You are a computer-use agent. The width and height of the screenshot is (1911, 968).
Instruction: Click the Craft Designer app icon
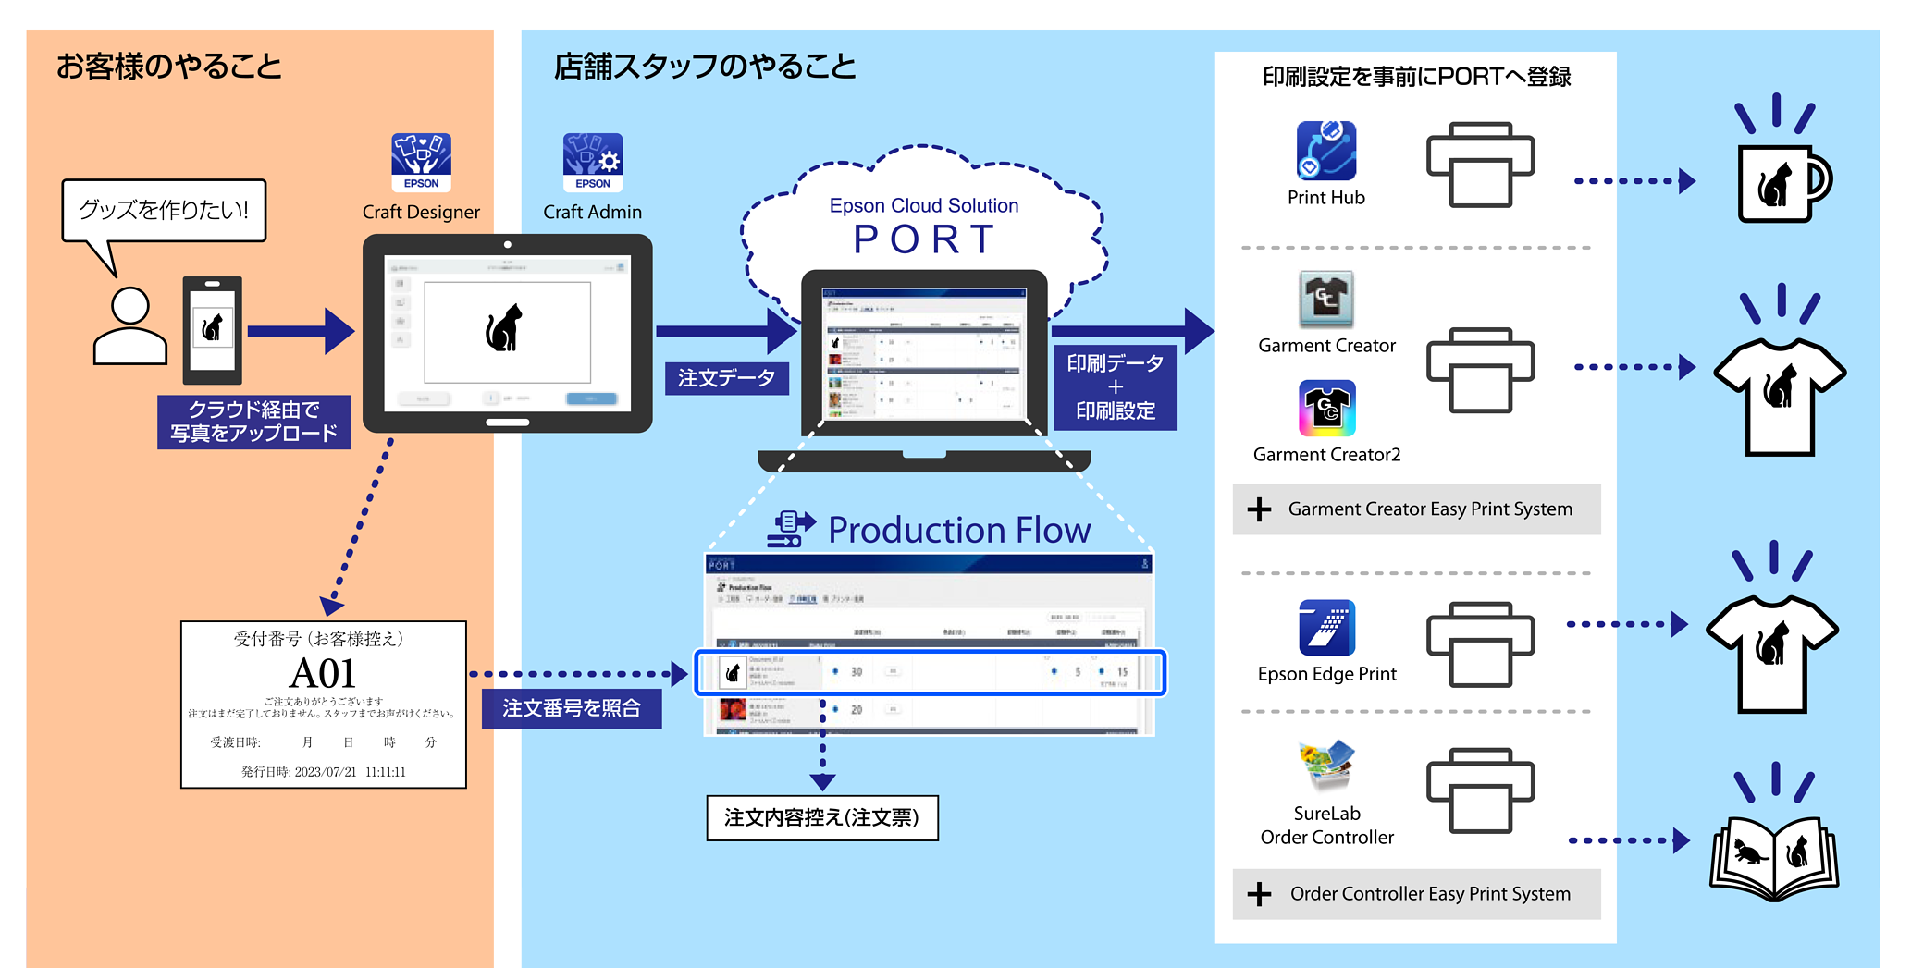pos(421,162)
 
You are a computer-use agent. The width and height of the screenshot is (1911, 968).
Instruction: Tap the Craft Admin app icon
pos(592,162)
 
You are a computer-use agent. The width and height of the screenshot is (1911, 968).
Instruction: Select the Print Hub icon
pos(1326,151)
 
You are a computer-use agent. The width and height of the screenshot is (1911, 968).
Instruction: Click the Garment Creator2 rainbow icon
pos(1327,408)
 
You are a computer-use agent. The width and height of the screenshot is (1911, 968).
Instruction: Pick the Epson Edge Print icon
pos(1327,628)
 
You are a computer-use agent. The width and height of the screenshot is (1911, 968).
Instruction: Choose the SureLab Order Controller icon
pos(1327,766)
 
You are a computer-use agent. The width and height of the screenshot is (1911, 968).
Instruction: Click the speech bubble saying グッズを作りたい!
pos(164,211)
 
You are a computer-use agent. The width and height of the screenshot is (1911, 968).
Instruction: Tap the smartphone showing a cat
pos(213,329)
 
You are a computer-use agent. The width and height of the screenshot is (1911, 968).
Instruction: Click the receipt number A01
pos(323,673)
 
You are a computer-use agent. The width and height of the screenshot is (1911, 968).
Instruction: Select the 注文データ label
pos(726,378)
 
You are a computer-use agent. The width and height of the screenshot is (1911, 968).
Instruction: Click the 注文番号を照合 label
pos(572,708)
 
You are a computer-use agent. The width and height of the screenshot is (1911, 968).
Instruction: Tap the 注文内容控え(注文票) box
pos(822,818)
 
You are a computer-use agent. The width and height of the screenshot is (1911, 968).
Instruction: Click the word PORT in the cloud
pos(924,239)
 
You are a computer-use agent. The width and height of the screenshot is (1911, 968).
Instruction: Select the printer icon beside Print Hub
pos(1480,165)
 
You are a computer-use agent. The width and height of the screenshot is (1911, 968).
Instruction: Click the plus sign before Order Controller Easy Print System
pos(1259,894)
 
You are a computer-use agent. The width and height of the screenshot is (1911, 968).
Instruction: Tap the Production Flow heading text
pos(959,530)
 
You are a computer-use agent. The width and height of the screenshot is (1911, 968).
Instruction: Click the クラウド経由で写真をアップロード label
pos(253,422)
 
